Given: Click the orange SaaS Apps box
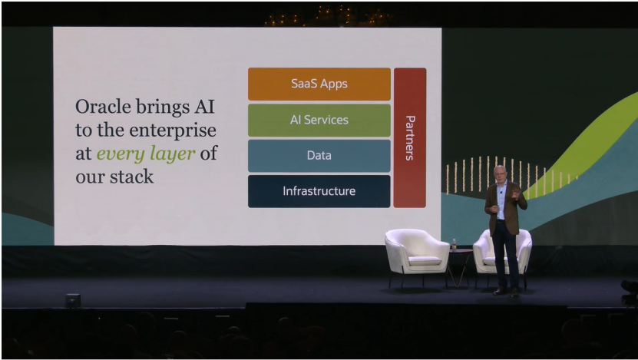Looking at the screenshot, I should pos(319,84).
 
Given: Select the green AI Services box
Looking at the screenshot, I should pos(319,120).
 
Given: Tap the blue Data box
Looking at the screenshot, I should pos(319,155).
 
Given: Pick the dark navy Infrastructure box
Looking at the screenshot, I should pos(319,191).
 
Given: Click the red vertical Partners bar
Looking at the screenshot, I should pos(409,137).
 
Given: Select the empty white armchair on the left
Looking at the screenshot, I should pos(417,253).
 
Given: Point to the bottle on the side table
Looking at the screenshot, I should pos(454,244).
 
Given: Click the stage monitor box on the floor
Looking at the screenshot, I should pos(73,300).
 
